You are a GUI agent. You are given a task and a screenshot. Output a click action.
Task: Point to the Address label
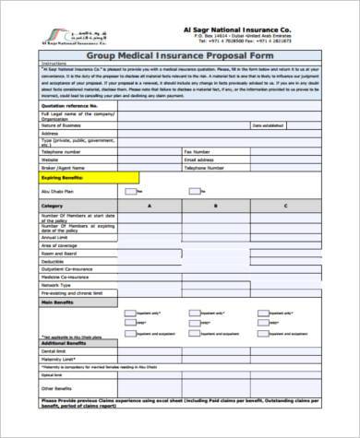click(x=47, y=130)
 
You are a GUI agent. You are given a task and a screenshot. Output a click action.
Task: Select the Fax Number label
click(x=199, y=149)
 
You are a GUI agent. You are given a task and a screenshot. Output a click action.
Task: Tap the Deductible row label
click(x=52, y=261)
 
